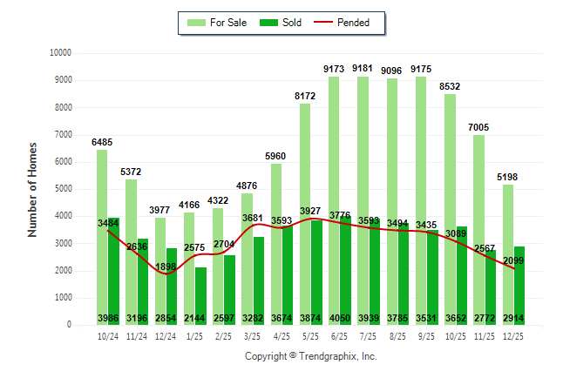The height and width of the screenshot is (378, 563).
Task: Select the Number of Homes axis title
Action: (33, 189)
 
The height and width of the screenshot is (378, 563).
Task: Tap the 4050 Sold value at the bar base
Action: (340, 319)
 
